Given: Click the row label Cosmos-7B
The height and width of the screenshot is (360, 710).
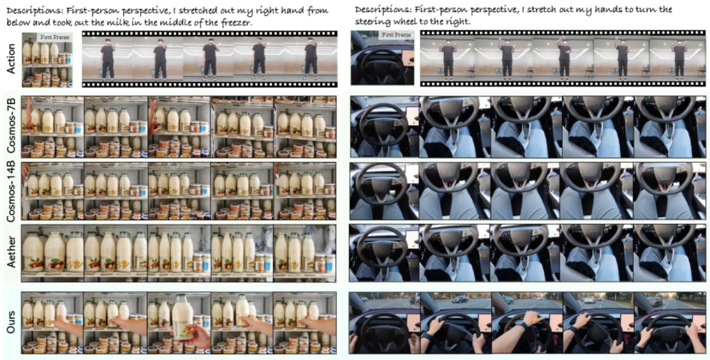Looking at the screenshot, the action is [x=11, y=126].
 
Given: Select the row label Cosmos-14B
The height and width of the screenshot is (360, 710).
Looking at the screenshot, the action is [x=11, y=191].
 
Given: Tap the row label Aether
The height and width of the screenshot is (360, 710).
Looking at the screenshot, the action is [x=11, y=252].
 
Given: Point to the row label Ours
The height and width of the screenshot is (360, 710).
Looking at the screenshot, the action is [x=11, y=322].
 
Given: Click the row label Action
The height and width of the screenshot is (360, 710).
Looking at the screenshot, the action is [x=11, y=59].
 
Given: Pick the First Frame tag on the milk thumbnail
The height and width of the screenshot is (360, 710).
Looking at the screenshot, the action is [x=55, y=37].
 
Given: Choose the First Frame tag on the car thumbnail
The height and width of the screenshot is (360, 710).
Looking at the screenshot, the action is [x=396, y=35].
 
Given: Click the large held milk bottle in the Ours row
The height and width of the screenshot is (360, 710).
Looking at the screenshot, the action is [x=183, y=317].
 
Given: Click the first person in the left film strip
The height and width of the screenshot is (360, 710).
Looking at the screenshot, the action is [x=108, y=59].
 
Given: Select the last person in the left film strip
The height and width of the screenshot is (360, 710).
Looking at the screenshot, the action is [x=311, y=59].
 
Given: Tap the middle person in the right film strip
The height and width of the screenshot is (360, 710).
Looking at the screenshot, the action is [x=564, y=58].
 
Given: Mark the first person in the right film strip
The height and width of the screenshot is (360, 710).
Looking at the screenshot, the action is [x=448, y=59].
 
